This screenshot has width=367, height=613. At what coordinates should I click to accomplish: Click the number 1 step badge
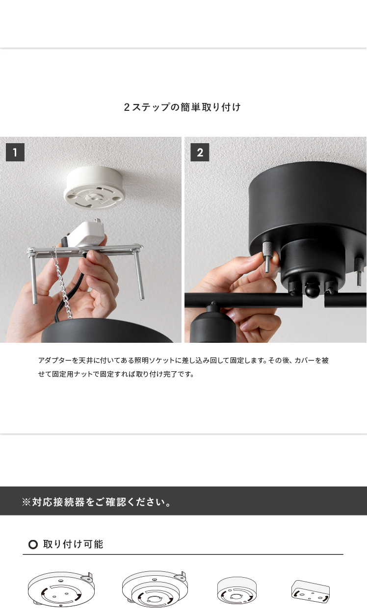coord(15,152)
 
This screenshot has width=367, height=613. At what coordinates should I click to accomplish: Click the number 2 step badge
coord(200,152)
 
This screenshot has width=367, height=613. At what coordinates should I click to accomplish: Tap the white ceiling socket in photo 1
coord(95,188)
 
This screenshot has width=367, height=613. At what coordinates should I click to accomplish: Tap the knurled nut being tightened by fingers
coord(267,252)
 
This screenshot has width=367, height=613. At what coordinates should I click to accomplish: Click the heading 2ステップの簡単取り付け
coord(182,107)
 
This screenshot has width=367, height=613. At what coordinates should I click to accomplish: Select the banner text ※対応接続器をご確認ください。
coord(96,502)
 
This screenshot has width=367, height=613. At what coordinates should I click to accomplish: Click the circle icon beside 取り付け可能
coord(33,544)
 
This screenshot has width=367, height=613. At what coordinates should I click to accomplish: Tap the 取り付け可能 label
coord(73,544)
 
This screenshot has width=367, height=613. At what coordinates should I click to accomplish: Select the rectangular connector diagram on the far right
coord(311,591)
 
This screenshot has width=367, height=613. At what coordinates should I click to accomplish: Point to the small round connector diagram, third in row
coord(237,590)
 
